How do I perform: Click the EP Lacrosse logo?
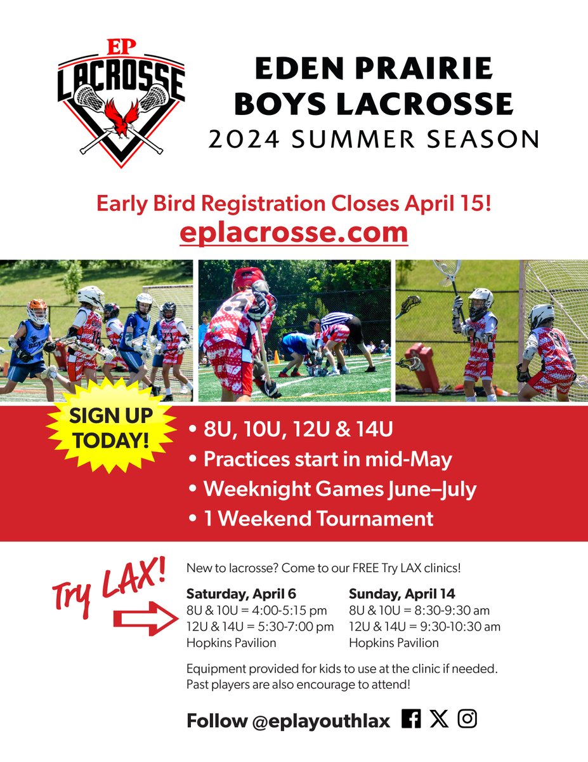(121, 103)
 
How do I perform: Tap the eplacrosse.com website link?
(293, 232)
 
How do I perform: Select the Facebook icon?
(411, 719)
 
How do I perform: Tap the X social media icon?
(438, 719)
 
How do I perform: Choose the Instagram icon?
(467, 719)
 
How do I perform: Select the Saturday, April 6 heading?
(241, 594)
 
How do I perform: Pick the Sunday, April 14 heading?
(402, 594)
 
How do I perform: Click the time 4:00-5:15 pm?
(288, 611)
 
